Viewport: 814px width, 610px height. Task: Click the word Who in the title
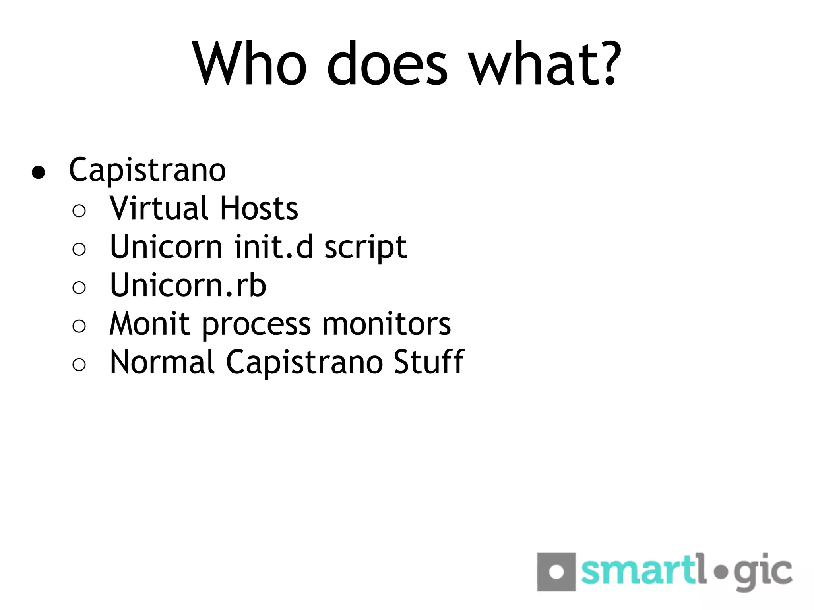click(x=250, y=64)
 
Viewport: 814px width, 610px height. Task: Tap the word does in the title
click(x=387, y=64)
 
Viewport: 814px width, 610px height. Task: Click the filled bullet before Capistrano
click(x=39, y=172)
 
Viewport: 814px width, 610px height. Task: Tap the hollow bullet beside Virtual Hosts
click(x=79, y=210)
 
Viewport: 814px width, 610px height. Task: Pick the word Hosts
click(x=259, y=208)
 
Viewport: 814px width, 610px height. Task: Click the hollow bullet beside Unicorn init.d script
click(x=79, y=249)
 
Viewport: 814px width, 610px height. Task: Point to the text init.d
click(x=273, y=247)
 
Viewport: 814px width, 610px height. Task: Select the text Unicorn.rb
click(x=188, y=285)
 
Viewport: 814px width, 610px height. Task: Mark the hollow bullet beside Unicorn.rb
click(x=79, y=288)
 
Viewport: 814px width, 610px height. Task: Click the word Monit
click(x=150, y=324)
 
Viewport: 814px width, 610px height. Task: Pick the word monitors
click(x=386, y=324)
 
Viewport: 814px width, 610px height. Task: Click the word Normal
click(x=163, y=362)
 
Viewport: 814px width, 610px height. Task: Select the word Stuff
click(x=429, y=362)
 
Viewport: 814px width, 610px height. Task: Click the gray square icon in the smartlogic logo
click(x=556, y=572)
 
